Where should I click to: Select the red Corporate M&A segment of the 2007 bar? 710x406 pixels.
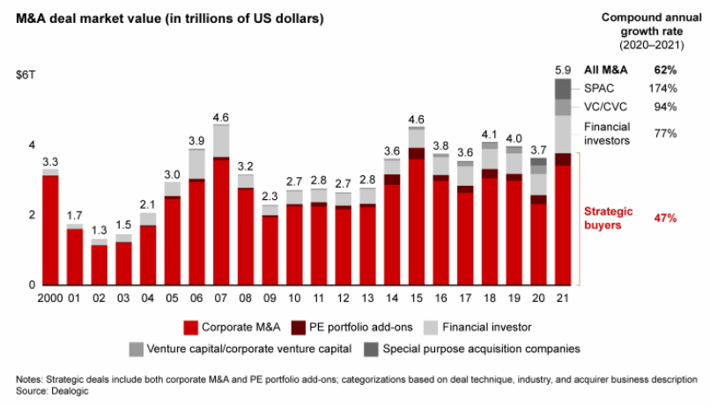click(221, 220)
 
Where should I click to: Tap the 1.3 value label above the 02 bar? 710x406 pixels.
click(99, 230)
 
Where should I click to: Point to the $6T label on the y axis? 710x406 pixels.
click(26, 76)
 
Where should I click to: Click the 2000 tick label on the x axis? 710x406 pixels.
click(50, 299)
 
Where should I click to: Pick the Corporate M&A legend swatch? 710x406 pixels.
click(189, 328)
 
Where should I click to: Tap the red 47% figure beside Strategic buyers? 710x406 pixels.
click(665, 217)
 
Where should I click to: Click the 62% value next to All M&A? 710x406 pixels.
click(665, 70)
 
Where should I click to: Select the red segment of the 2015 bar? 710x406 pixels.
click(416, 220)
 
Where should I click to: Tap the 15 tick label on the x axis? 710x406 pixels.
click(416, 299)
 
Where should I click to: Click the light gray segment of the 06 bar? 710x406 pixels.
click(196, 164)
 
